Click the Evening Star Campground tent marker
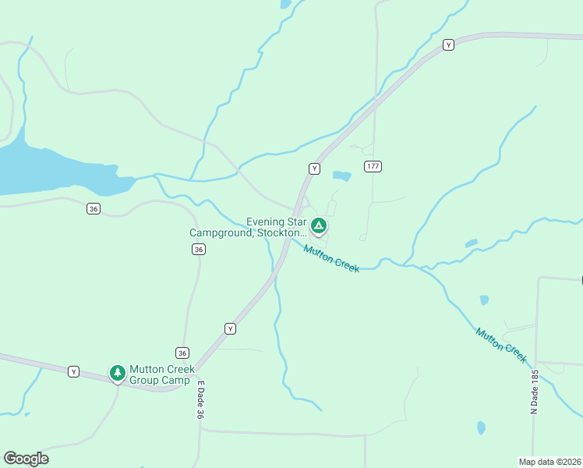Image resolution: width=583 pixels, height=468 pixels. (x=318, y=226)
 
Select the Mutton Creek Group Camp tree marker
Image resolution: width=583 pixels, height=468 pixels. (x=118, y=374)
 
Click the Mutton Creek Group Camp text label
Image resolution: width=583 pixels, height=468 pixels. (x=161, y=375)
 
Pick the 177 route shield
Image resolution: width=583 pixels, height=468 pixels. (x=373, y=167)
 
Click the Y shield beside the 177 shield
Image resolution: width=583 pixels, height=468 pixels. (x=314, y=168)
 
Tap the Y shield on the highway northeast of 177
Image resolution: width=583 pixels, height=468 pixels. (x=448, y=45)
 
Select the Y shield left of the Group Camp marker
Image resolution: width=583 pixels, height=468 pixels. (x=74, y=371)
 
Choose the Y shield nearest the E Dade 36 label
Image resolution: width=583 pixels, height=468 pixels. (x=230, y=328)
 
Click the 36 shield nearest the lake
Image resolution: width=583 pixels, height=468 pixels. (x=94, y=208)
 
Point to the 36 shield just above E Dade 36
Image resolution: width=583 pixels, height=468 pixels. (x=182, y=353)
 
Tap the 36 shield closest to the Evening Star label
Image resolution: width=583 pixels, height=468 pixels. (x=199, y=249)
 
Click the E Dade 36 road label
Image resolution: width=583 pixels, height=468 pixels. (x=200, y=401)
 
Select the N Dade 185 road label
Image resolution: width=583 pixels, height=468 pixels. (x=535, y=392)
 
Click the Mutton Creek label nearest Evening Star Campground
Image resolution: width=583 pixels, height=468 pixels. (x=331, y=258)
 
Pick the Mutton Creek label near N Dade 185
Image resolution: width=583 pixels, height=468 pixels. (x=501, y=344)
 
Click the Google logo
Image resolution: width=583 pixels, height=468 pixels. (x=26, y=459)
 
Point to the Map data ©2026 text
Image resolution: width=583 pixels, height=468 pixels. (x=550, y=461)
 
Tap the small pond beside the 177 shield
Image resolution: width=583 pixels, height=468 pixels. (x=341, y=176)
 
